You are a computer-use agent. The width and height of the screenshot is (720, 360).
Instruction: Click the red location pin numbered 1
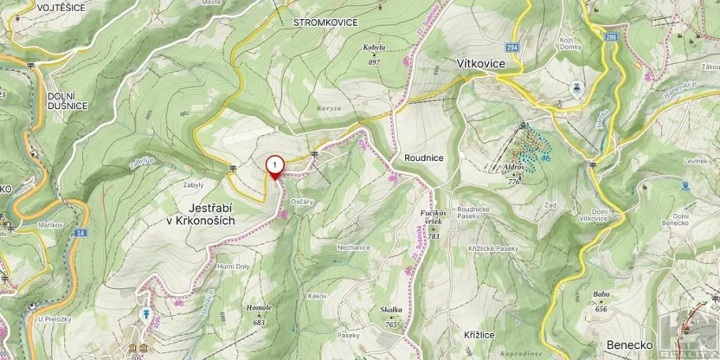click(274, 164)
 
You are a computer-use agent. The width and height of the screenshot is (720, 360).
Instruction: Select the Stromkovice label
click(325, 22)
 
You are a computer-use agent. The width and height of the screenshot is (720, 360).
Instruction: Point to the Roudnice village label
click(423, 158)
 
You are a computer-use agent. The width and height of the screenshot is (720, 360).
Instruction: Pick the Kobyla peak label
click(374, 52)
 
